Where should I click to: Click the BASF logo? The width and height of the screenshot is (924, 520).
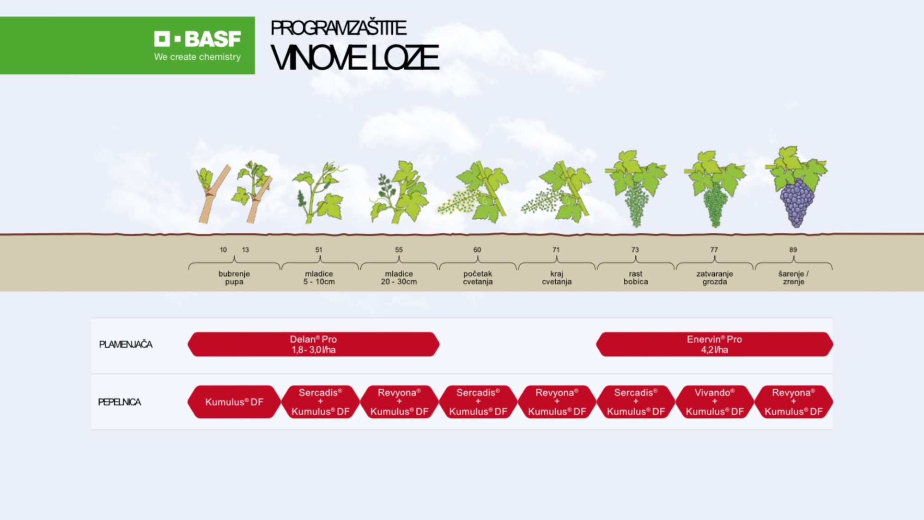tap(198, 39)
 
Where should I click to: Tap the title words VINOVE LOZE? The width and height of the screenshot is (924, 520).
tap(354, 58)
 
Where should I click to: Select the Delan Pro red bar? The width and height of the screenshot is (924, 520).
tap(313, 345)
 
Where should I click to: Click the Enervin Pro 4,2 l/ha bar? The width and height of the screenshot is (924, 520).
tap(714, 345)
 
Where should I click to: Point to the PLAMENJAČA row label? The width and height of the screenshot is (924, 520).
tap(126, 345)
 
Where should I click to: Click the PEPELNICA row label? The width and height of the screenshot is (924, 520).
tap(120, 402)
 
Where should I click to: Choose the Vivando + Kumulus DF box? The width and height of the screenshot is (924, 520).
tap(715, 402)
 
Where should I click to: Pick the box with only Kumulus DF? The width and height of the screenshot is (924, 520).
tap(234, 402)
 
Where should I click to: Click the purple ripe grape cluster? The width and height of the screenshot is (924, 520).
tap(796, 202)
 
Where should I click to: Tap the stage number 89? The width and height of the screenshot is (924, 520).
tap(793, 250)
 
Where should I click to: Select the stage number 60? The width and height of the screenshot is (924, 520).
tap(477, 250)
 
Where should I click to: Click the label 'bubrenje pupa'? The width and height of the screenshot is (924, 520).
tap(234, 278)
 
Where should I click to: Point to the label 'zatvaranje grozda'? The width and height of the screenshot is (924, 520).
tap(715, 278)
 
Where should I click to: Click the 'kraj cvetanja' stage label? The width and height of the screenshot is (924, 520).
tap(557, 278)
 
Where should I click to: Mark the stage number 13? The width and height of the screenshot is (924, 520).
tap(245, 250)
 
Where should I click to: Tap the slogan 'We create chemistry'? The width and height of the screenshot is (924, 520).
tap(197, 57)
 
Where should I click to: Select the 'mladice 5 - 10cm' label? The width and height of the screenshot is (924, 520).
tap(319, 278)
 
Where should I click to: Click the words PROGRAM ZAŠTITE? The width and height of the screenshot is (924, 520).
tap(338, 28)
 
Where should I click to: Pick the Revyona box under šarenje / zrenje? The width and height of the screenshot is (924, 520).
tap(794, 402)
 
